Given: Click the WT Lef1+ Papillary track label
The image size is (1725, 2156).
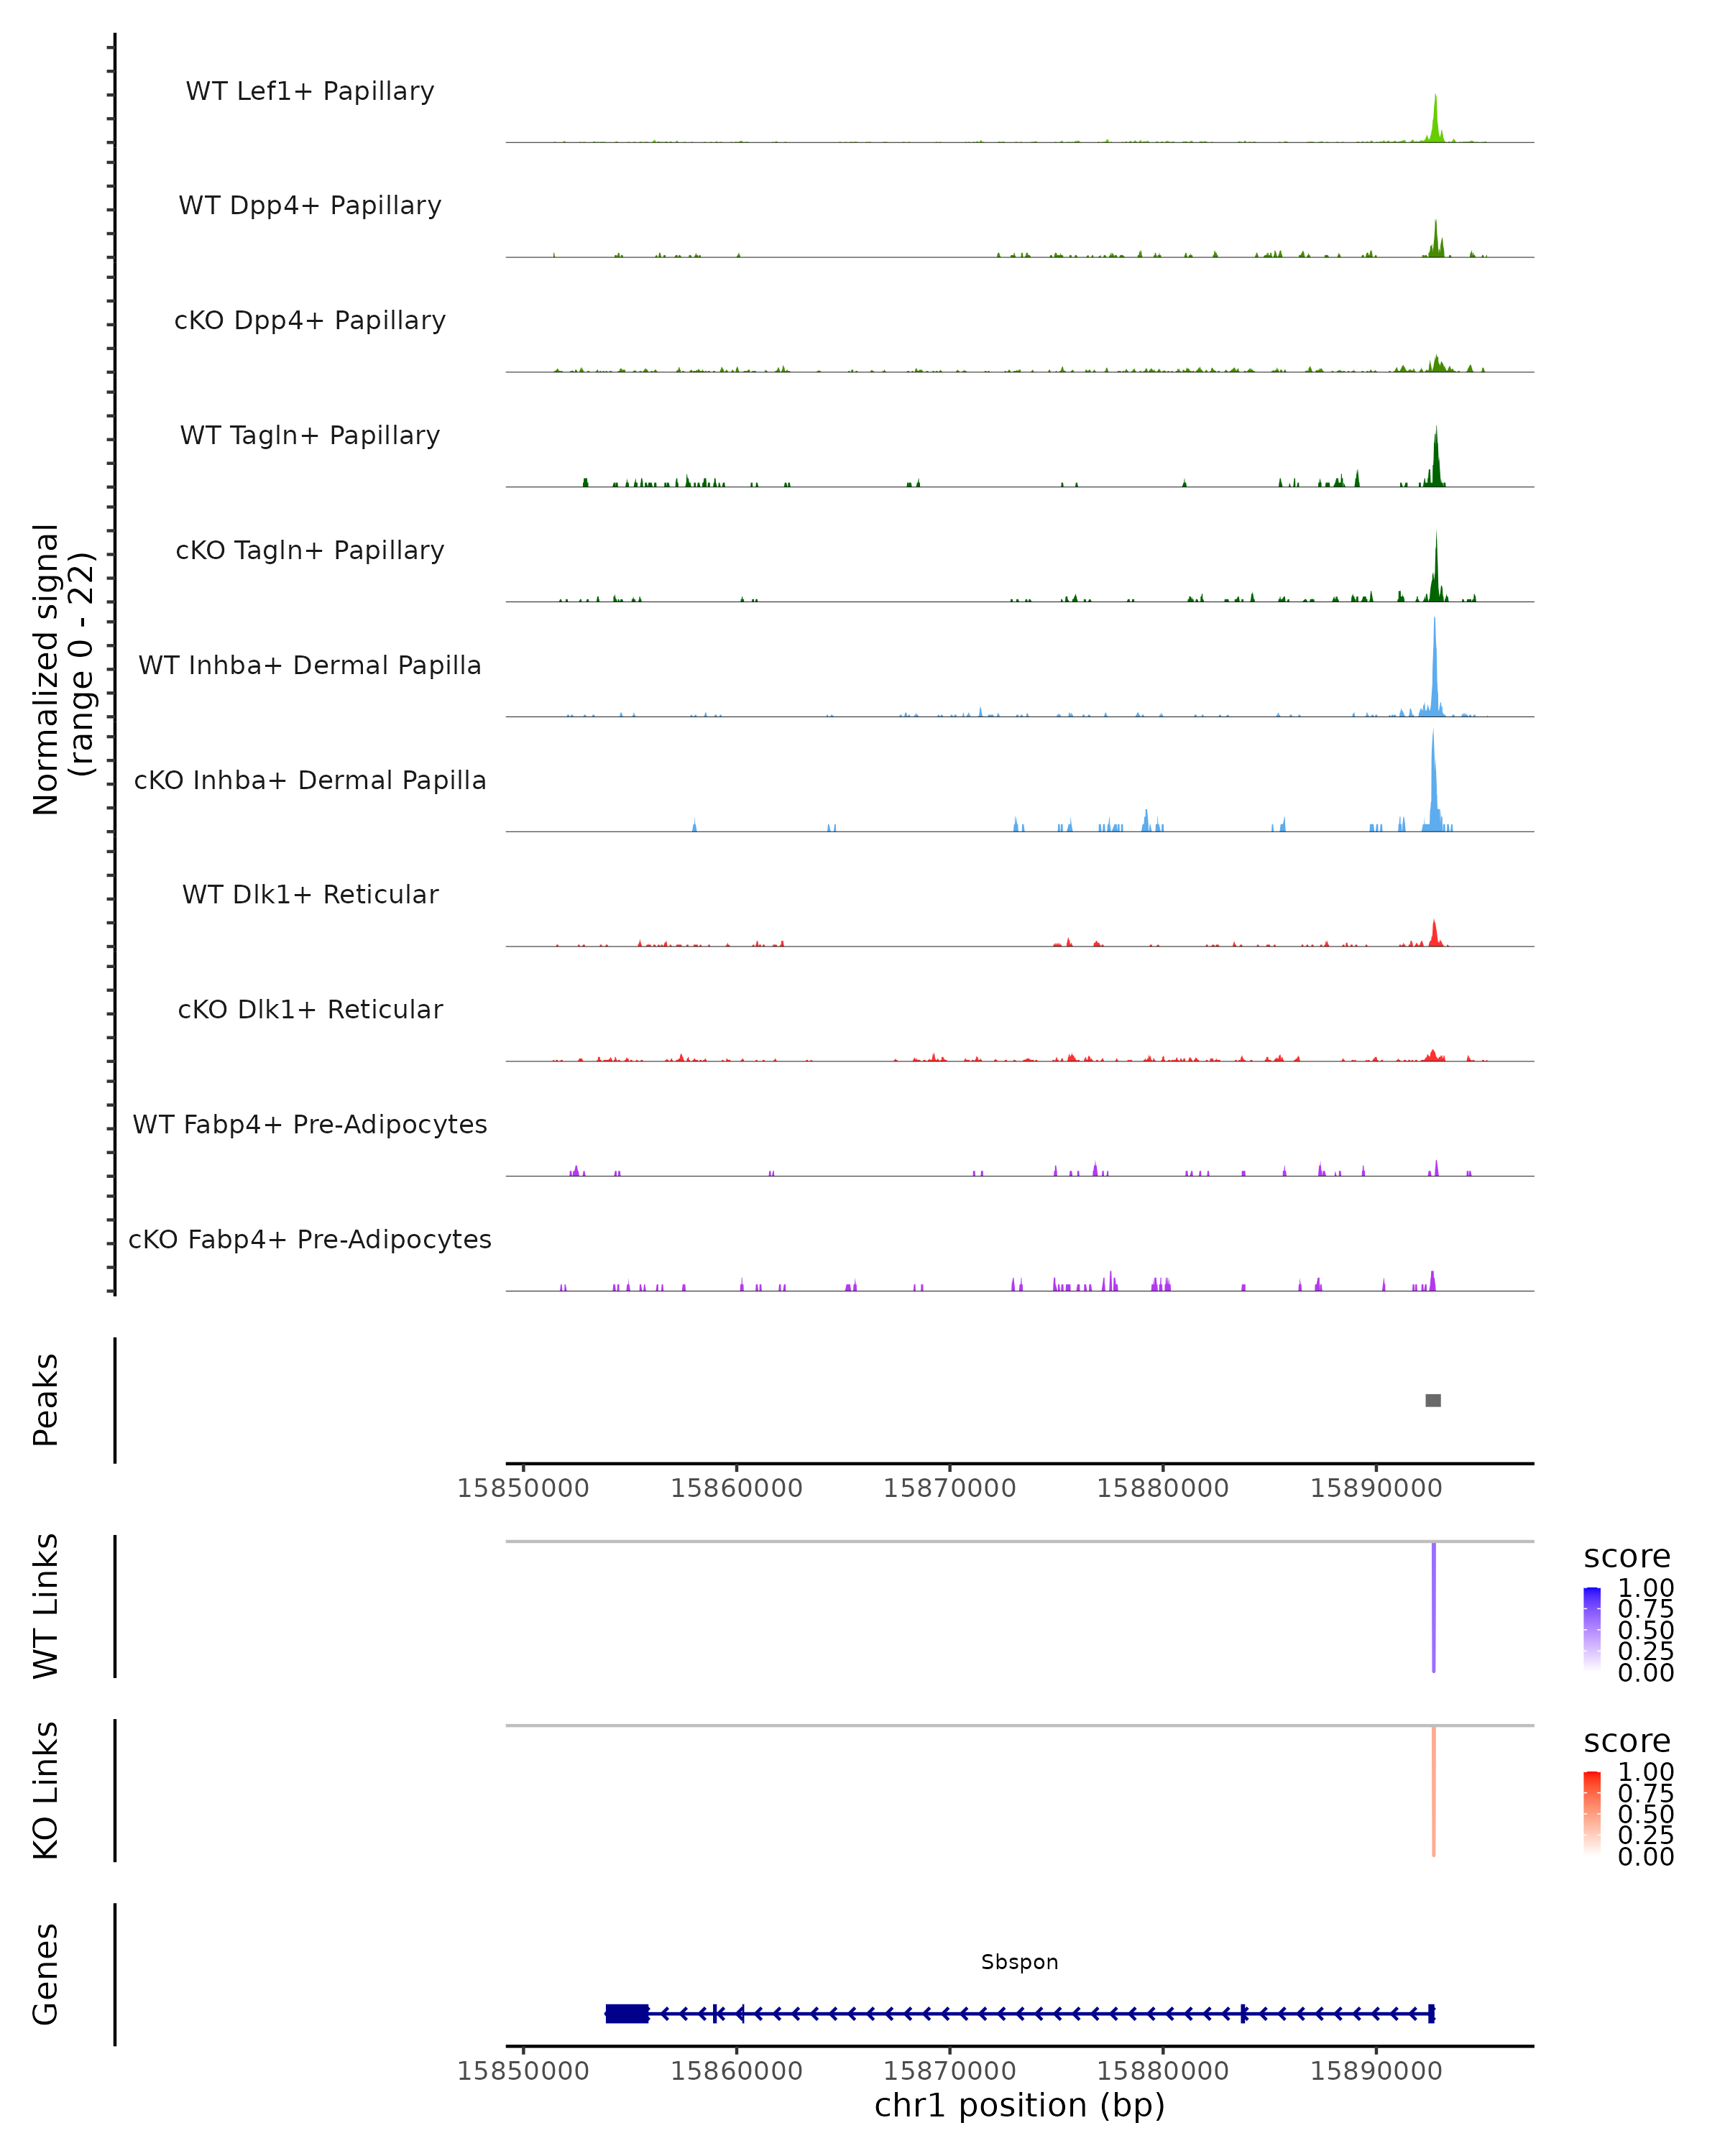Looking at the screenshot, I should point(310,91).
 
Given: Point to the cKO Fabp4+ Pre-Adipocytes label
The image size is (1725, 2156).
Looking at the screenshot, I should point(310,1239).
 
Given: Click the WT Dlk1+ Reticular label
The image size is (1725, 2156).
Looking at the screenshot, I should point(310,894).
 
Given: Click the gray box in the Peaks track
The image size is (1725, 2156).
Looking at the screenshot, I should point(1433,1400).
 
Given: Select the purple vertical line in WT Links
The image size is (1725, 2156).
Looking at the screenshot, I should point(1433,1607).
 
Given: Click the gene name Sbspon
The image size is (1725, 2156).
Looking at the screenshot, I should point(1019,1962).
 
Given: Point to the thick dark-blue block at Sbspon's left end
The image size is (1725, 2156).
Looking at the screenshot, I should point(627,2014).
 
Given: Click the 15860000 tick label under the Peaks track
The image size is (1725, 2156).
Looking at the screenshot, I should point(736,1488).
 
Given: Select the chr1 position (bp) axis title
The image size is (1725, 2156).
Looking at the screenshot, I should point(1019,2106).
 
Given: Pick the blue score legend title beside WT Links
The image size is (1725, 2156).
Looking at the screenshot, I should point(1626,1557).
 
